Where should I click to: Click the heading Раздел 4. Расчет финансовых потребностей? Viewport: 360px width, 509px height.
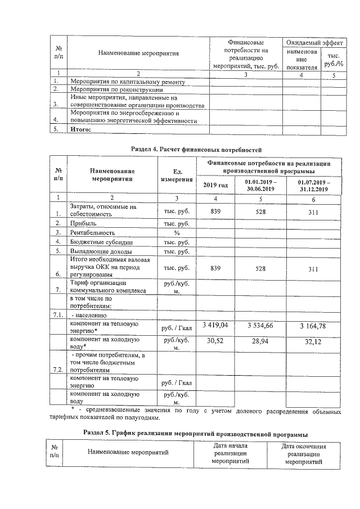point(196,148)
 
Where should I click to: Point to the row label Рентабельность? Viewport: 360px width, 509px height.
point(92,232)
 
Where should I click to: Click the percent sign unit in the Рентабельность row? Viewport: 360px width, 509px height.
point(176,232)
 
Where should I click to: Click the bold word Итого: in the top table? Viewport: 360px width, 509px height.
point(80,129)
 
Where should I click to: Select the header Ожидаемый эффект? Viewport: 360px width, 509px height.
point(313,42)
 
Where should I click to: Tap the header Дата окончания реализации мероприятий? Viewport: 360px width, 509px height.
point(304,453)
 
